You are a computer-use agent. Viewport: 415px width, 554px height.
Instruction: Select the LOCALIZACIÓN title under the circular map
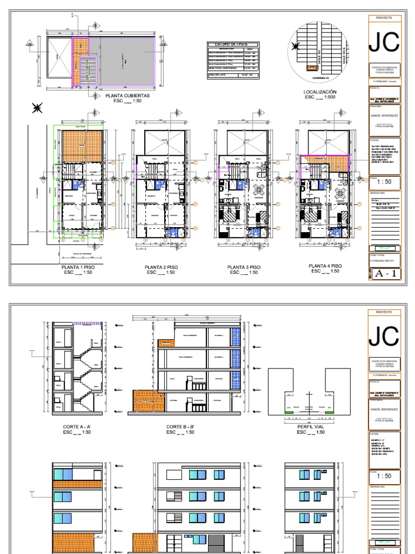[320, 93]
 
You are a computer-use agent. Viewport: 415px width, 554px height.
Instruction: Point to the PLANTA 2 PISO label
[161, 267]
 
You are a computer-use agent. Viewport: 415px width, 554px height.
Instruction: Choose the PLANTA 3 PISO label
[244, 267]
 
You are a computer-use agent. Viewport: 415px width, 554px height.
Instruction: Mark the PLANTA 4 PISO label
[325, 266]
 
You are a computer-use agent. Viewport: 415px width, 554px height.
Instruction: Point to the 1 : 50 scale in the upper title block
[384, 182]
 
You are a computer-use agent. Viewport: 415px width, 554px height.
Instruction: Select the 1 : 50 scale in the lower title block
[384, 476]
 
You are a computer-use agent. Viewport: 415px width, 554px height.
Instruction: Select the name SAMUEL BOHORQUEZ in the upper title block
[384, 116]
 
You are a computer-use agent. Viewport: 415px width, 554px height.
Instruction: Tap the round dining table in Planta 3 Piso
[257, 190]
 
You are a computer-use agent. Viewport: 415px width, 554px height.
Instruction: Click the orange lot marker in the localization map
[310, 68]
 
